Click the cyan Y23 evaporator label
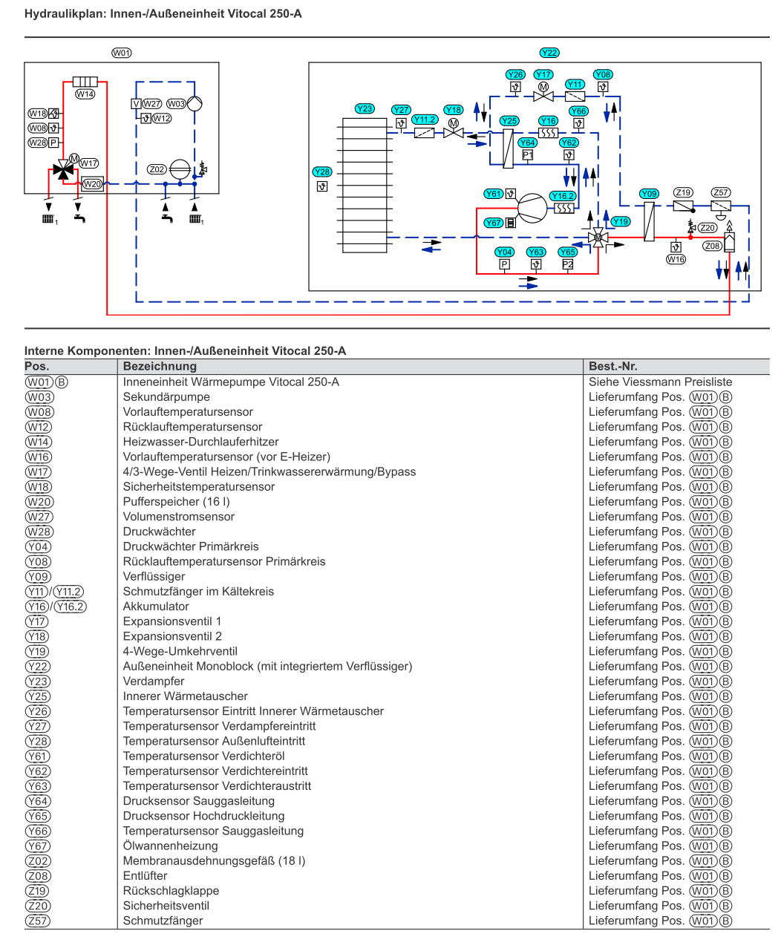[365, 109]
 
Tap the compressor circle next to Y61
[532, 208]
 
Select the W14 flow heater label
[85, 94]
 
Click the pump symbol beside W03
[195, 104]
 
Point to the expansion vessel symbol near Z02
[180, 169]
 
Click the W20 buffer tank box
[92, 184]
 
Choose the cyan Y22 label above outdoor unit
[549, 53]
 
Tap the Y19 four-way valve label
[621, 222]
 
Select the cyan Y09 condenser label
[649, 194]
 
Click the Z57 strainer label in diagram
[721, 192]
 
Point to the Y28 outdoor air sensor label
[322, 171]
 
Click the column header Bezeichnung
[160, 366]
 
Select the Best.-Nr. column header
[612, 366]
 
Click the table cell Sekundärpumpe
[166, 396]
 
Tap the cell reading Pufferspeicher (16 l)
[176, 501]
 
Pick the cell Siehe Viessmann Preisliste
[660, 382]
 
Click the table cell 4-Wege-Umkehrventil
[180, 651]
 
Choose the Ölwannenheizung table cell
[170, 846]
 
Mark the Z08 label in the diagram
[712, 246]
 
